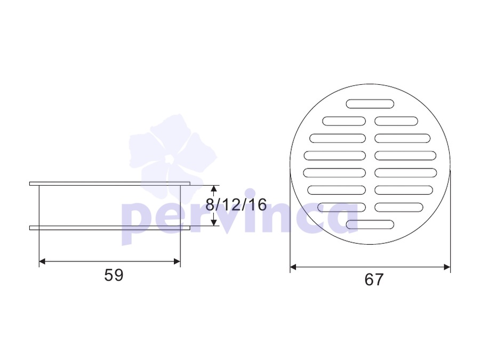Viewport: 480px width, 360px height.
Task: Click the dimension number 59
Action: [114, 275]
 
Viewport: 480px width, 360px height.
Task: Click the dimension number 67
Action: [374, 279]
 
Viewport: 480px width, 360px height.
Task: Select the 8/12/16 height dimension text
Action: [236, 204]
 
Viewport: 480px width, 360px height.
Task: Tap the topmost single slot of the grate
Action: [370, 104]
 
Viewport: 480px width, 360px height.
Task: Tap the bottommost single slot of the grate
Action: [370, 225]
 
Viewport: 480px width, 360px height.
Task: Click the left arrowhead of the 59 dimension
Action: [42, 261]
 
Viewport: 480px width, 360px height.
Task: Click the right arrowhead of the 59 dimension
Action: [177, 261]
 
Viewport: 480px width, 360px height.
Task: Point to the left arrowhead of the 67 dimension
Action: [293, 267]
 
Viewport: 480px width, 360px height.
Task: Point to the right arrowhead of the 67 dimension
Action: [447, 267]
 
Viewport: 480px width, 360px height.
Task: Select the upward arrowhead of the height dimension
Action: [214, 188]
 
